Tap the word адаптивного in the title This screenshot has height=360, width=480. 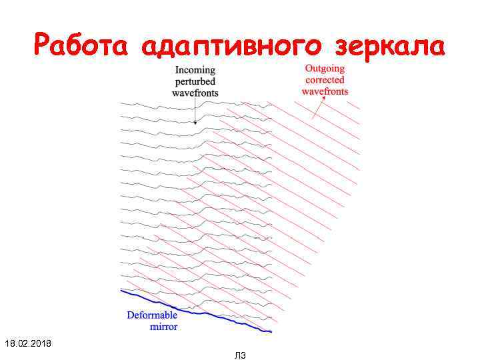click(232, 47)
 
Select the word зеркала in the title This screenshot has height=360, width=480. click(389, 46)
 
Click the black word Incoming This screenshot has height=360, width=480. click(195, 70)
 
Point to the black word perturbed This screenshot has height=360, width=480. click(195, 81)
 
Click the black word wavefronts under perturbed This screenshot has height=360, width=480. click(195, 93)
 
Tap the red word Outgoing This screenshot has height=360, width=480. click(325, 68)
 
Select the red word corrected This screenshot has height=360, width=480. click(325, 79)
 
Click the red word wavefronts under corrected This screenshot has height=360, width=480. click(325, 91)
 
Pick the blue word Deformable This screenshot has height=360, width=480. click(152, 315)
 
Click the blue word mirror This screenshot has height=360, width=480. click(164, 327)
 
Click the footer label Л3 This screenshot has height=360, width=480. click(241, 355)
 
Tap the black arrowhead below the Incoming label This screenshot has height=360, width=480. click(195, 122)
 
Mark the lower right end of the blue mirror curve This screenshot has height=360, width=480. click(271, 331)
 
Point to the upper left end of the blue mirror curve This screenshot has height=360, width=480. click(121, 290)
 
